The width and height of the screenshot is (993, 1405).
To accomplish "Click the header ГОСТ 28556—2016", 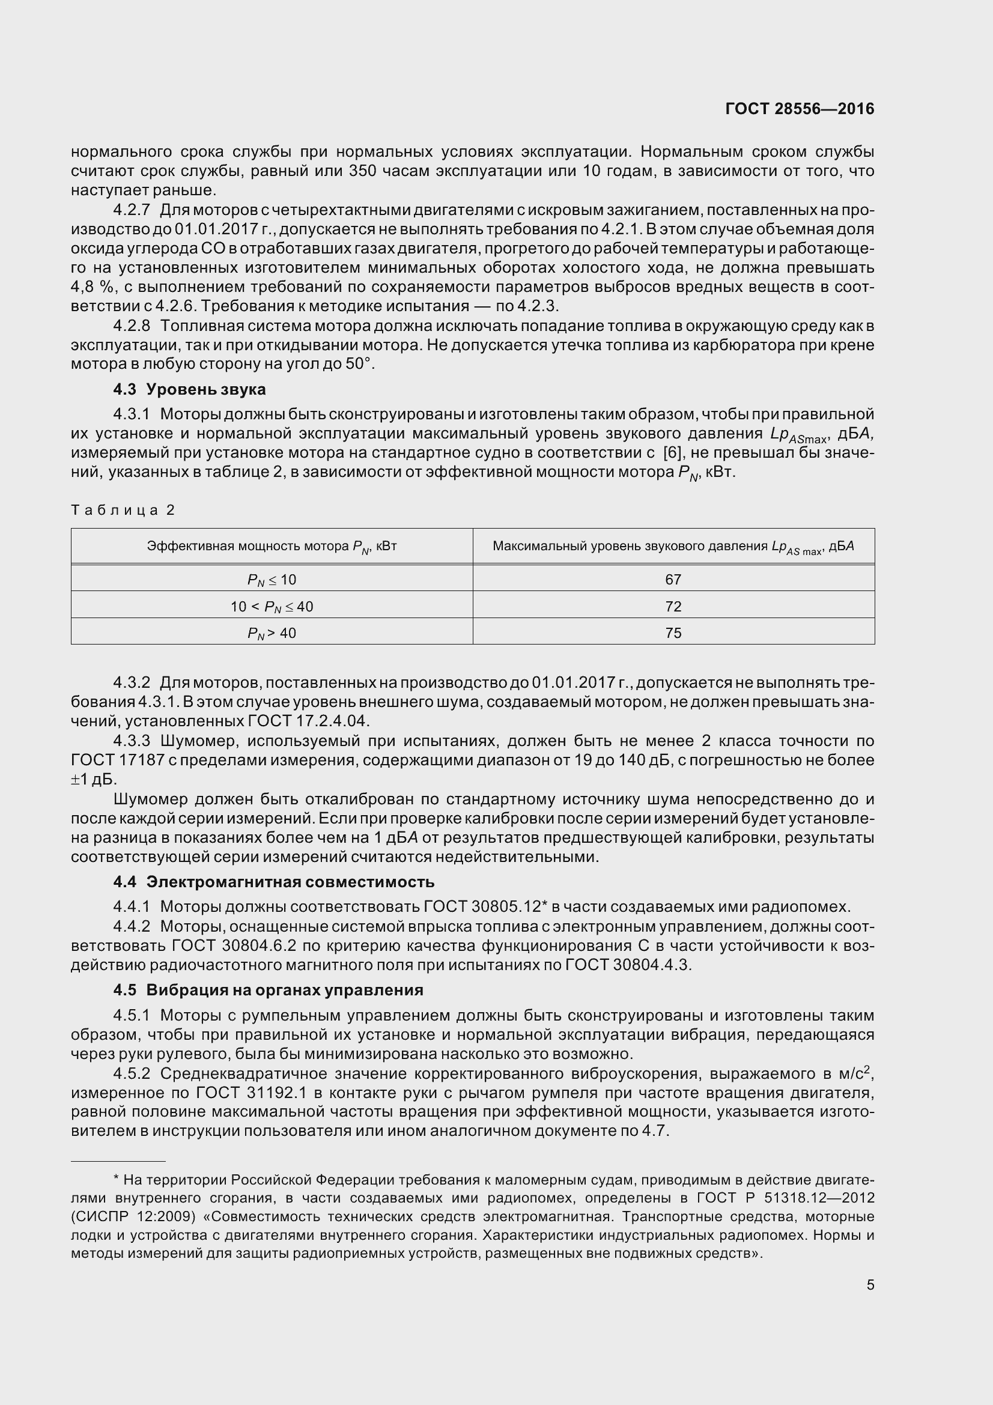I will [799, 109].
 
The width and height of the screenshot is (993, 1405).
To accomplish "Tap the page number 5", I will [870, 1284].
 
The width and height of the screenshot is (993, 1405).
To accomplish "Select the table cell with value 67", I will [673, 579].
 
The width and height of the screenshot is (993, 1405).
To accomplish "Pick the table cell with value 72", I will [673, 606].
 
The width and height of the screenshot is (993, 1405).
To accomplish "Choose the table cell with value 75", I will [673, 633].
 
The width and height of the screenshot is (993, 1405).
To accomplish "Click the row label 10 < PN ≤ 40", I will [272, 607].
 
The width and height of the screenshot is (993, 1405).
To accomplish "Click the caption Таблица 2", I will [123, 510].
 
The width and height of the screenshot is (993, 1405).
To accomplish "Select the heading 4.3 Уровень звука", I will [189, 389].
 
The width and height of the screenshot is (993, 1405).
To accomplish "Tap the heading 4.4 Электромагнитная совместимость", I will [273, 882].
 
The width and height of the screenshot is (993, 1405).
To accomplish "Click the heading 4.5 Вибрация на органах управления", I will [268, 990].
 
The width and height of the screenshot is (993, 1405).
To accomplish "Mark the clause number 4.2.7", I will [131, 210].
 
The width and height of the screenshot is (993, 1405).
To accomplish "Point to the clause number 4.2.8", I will [131, 326].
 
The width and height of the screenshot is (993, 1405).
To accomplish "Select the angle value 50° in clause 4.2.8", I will [359, 364].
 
